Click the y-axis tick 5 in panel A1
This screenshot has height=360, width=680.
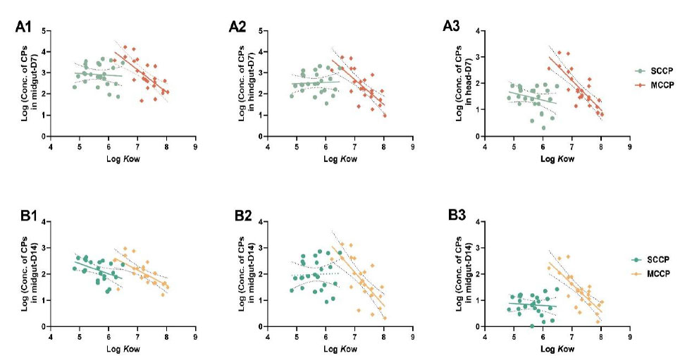tap(44, 31)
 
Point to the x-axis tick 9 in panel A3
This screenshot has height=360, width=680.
tap(629, 144)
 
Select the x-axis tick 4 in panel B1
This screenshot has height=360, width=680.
tap(50, 335)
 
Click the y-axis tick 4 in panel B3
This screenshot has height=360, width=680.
tap(477, 222)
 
